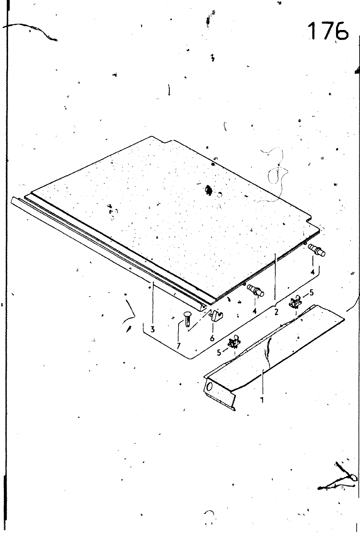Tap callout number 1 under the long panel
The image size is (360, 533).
coord(262,400)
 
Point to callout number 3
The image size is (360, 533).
coord(153,329)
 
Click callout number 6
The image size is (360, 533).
coord(212,338)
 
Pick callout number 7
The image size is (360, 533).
coord(179,346)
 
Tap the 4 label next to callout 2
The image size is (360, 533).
coord(254,311)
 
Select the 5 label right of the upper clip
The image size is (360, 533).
coord(311,293)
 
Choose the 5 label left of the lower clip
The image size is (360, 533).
coord(219,352)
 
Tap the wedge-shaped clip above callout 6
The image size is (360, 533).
coord(216,316)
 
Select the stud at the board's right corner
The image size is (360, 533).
coord(317,250)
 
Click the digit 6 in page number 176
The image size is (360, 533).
coord(340,31)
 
